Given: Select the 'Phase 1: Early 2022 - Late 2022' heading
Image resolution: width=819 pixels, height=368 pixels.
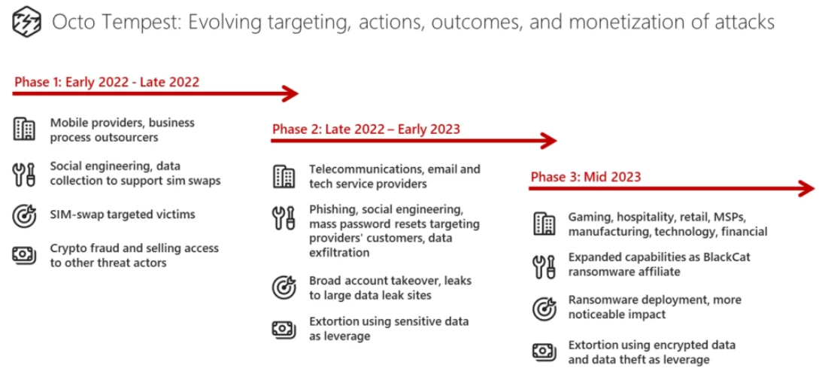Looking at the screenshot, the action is [x=107, y=82].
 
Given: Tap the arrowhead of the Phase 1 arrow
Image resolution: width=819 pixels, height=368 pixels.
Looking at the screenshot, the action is [x=290, y=93].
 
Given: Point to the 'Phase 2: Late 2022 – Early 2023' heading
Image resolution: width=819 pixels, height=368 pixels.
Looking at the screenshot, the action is [x=366, y=129].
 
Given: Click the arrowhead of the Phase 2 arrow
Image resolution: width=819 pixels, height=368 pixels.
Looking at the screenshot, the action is [x=549, y=141].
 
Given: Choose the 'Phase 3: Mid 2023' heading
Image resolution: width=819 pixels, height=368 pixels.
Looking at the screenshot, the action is [x=586, y=177].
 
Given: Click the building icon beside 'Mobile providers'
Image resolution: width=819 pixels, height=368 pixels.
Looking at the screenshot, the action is [x=24, y=129].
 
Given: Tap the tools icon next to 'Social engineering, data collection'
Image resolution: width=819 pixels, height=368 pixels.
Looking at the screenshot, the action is [x=24, y=174].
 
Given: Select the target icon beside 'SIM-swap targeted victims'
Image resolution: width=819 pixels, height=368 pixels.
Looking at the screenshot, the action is [x=24, y=215].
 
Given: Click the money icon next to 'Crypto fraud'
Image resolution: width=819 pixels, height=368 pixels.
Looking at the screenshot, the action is [x=24, y=254].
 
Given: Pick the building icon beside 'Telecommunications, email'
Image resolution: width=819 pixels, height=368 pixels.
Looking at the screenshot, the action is [x=284, y=176].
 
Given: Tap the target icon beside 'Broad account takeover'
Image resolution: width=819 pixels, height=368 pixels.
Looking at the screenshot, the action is [x=284, y=287].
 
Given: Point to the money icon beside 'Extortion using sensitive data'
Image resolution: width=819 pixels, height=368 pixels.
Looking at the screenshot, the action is [x=284, y=328].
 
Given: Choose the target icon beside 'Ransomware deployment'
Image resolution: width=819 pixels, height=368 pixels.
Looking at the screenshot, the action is [x=544, y=307].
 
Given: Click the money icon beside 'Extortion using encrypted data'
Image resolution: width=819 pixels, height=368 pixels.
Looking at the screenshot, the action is [x=544, y=351].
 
